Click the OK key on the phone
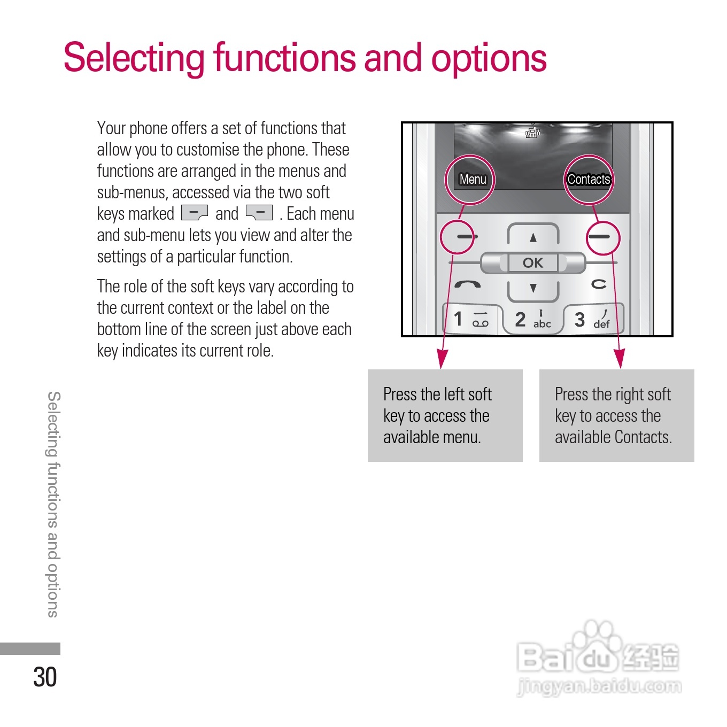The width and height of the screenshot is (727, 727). tap(532, 263)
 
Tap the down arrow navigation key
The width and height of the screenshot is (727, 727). tap(533, 288)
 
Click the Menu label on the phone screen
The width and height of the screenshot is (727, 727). tap(473, 180)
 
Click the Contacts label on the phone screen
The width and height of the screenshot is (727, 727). tap(589, 180)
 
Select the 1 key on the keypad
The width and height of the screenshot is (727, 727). tap(471, 320)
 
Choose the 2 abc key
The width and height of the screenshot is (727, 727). tap(532, 320)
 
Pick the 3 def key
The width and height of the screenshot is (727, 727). tap(592, 320)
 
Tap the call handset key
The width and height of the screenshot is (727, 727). tap(467, 285)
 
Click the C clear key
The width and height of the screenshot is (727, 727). tap(599, 284)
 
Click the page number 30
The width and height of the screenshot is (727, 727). tap(45, 677)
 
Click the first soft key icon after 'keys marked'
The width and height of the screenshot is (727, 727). tap(195, 213)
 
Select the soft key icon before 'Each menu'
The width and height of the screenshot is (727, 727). tap(259, 213)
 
